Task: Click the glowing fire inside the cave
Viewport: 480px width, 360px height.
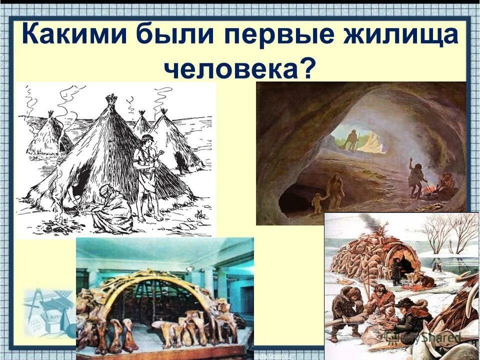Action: click(x=429, y=190)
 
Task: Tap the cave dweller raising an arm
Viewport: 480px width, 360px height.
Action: click(x=416, y=175)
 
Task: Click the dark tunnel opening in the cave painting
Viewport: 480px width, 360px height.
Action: click(x=295, y=202)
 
